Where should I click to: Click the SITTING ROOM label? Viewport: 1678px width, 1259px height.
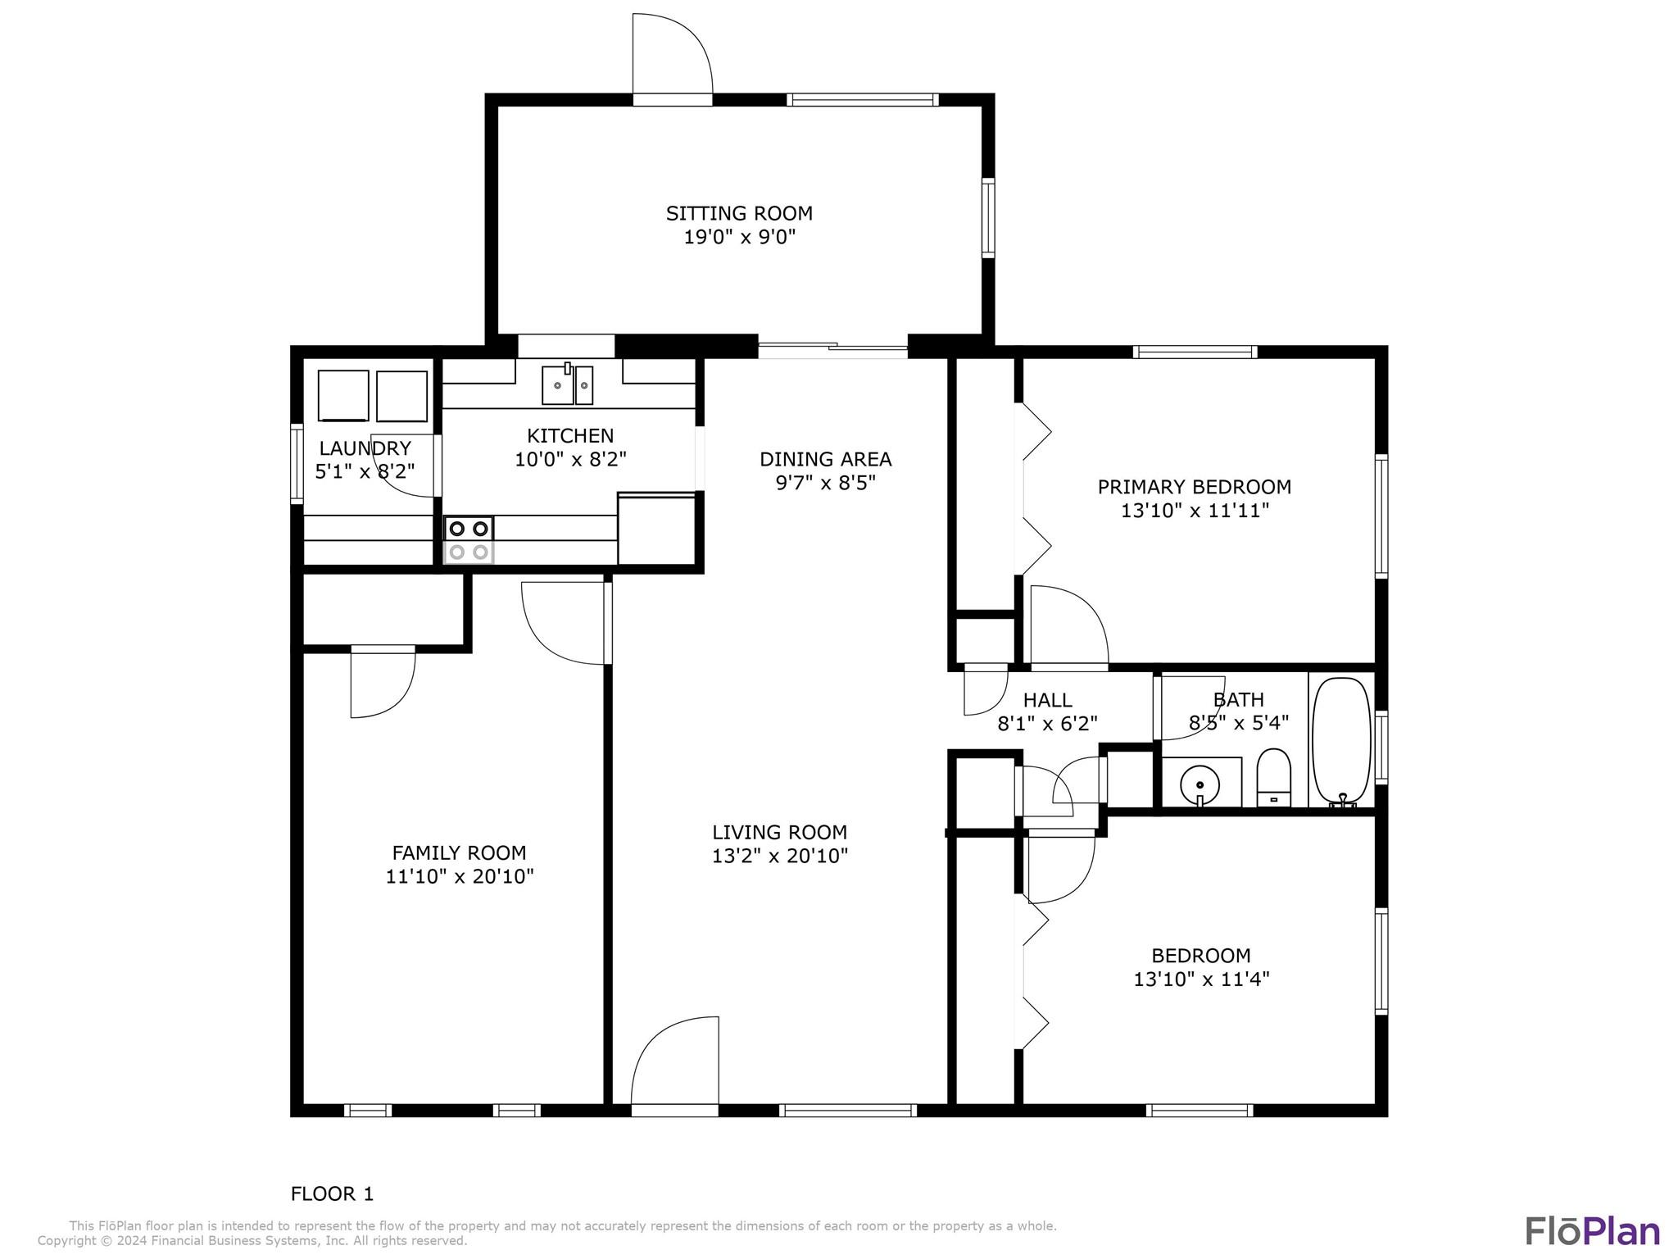[x=739, y=213]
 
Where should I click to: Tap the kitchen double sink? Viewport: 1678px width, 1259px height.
[x=567, y=384]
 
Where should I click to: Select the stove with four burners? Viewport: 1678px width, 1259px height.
[x=469, y=540]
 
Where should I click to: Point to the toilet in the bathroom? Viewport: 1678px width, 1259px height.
[x=1273, y=777]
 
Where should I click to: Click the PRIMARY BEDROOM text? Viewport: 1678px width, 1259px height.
[x=1195, y=487]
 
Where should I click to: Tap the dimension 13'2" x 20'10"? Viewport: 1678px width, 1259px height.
[x=780, y=857]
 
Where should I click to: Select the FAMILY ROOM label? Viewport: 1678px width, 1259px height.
[x=459, y=852]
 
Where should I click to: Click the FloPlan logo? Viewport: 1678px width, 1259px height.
[x=1593, y=1230]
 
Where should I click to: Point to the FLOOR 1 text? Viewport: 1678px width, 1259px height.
[x=332, y=1193]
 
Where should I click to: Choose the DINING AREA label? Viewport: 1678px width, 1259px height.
[x=825, y=459]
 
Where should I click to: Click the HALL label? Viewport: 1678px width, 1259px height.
[x=1047, y=700]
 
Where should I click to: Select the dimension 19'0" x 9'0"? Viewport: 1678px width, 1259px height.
[x=740, y=238]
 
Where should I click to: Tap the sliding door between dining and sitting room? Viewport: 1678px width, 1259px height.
[x=832, y=350]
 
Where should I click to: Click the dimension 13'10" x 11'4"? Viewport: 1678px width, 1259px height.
[x=1201, y=979]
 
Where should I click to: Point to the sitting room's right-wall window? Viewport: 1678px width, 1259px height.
[x=988, y=218]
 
